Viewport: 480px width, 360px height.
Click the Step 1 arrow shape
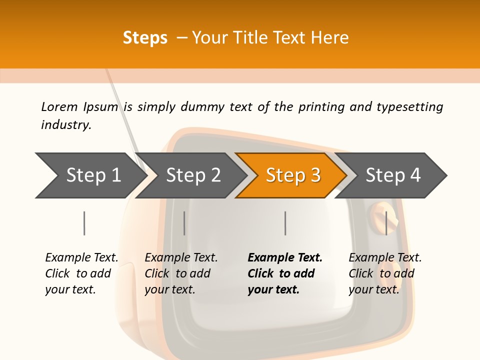click(90, 175)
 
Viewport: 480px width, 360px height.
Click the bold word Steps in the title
click(145, 38)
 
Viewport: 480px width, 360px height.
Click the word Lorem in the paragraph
click(59, 106)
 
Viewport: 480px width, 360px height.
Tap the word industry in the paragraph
click(66, 124)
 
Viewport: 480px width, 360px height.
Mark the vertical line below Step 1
click(84, 223)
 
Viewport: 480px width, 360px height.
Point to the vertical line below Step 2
click(184, 223)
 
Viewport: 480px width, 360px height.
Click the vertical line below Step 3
click(285, 223)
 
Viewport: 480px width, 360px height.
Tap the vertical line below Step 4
click(386, 223)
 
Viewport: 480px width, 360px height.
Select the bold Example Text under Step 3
click(285, 258)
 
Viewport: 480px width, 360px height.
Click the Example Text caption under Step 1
click(81, 258)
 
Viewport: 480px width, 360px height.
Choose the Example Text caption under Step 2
click(181, 258)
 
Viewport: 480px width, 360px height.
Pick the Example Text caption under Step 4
click(385, 258)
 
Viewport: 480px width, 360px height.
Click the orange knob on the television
click(383, 213)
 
